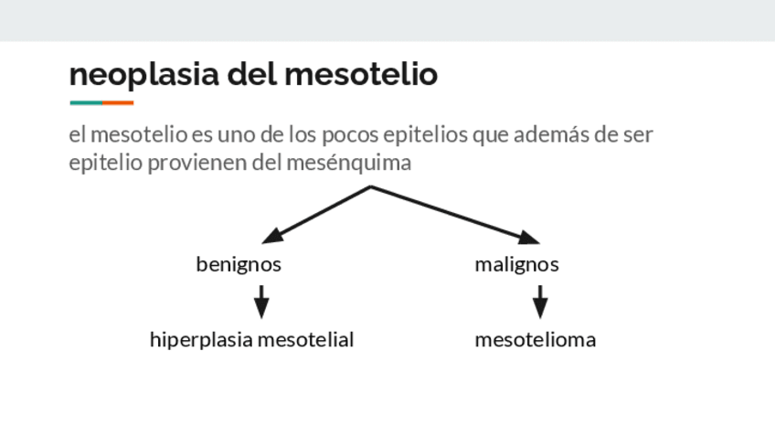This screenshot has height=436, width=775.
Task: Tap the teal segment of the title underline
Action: click(85, 102)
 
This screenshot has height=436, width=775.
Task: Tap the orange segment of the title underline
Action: click(118, 102)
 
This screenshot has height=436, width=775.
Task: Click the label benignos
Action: click(239, 264)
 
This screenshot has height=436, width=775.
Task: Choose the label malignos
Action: click(516, 264)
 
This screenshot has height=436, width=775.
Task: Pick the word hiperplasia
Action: click(201, 340)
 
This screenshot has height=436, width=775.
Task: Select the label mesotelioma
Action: click(535, 340)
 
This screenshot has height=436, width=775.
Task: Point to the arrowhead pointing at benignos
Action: click(270, 238)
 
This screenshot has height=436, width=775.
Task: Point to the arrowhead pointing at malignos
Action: click(530, 239)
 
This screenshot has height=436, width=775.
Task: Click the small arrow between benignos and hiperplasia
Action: click(261, 301)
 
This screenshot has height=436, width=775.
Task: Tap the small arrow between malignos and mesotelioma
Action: click(540, 301)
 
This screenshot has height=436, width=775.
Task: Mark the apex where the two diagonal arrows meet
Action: click(371, 187)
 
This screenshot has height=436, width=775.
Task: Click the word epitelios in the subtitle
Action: click(425, 135)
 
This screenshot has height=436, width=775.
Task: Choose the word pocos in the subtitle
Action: click(350, 135)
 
